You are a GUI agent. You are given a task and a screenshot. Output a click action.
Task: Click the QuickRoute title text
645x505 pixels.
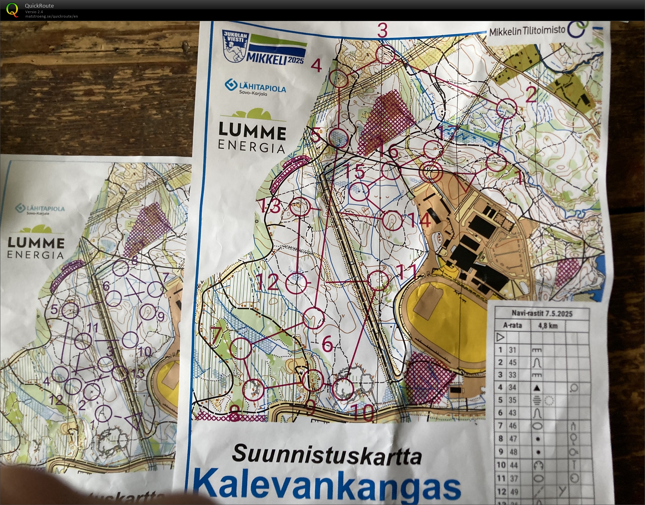coord(39,6)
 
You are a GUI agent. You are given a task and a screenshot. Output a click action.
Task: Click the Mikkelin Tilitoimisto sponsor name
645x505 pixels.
coord(527,31)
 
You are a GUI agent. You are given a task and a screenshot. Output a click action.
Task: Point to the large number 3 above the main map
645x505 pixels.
coord(382,30)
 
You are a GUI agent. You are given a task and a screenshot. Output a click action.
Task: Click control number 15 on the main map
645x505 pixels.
coord(355,172)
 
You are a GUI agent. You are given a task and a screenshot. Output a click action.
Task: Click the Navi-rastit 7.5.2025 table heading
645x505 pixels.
coord(542,313)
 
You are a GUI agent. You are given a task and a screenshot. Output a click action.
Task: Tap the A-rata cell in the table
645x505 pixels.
coord(512,326)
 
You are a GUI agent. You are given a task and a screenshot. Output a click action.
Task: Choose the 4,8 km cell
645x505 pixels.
coord(548,326)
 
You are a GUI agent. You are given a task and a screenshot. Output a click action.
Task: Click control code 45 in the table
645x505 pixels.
coord(513,362)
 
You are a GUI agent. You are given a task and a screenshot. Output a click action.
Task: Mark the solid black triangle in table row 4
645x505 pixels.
coord(537,388)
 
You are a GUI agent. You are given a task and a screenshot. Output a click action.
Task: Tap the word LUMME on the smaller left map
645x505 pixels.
coord(36,243)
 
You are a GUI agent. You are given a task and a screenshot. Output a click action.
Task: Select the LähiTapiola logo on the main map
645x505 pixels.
coord(255,87)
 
